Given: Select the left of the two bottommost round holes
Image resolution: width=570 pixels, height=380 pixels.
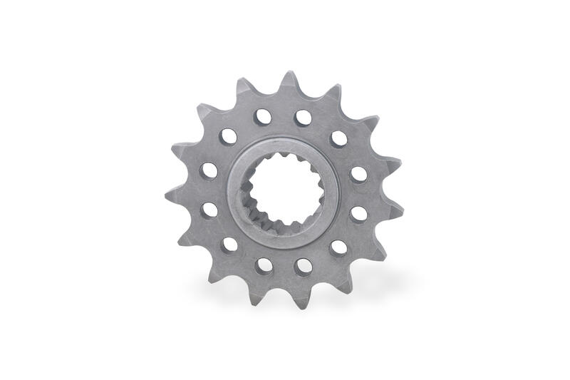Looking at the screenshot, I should click(x=264, y=265).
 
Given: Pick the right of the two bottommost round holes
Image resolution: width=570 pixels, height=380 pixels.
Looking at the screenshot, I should click(x=304, y=266).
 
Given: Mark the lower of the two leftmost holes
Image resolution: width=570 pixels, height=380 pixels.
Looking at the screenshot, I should click(x=209, y=210).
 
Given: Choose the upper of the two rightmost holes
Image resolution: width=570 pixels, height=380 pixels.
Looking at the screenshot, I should click(x=359, y=174).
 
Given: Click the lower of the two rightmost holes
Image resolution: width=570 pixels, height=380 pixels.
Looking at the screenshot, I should click(x=359, y=213).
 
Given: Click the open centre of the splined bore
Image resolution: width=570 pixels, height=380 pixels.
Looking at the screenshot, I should click(x=286, y=189).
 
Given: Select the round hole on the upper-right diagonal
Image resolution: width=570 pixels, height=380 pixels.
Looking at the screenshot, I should click(x=339, y=138).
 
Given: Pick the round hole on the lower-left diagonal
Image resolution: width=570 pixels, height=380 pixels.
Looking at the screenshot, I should click(x=229, y=245).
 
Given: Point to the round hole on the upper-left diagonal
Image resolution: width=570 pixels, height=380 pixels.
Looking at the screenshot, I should click(x=228, y=136).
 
